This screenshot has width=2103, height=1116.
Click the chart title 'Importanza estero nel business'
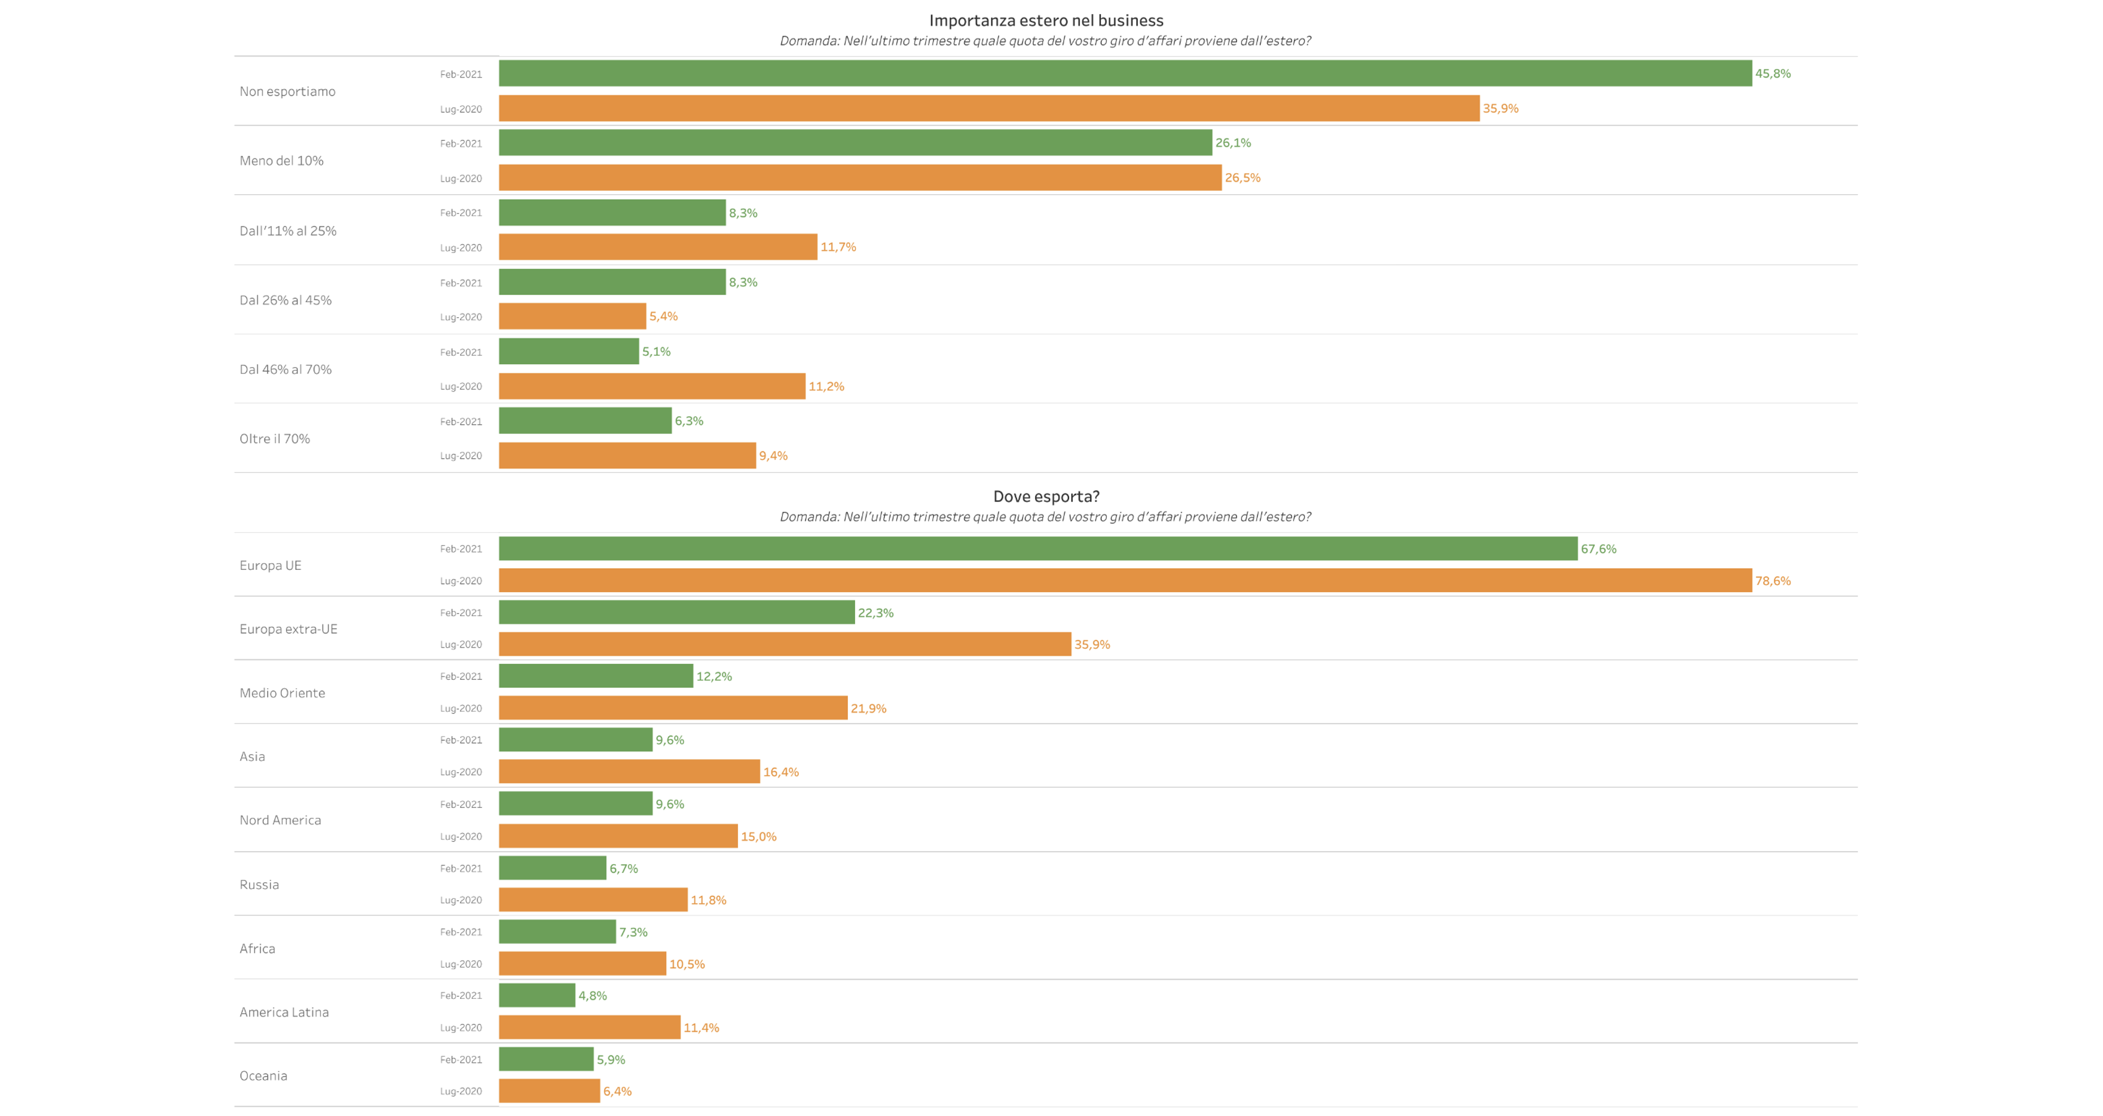[x=1046, y=20]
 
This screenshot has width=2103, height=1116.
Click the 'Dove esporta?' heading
[x=1046, y=496]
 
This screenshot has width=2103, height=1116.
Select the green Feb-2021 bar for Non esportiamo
[x=1125, y=74]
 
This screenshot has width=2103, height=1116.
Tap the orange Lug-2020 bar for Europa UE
[x=1125, y=580]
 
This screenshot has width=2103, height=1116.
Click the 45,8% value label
[x=1773, y=74]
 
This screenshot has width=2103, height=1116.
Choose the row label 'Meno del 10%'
[x=282, y=161]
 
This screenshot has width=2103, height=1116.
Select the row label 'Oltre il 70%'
[x=275, y=438]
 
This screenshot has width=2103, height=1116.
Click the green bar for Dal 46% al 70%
[x=569, y=352]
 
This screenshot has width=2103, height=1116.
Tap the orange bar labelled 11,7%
[x=658, y=247]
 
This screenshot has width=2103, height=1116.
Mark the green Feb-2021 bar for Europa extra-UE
[x=677, y=612]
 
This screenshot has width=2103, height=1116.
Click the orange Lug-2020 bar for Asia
[x=629, y=771]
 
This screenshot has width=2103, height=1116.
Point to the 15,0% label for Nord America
[x=758, y=837]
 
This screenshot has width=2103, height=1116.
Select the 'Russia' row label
[x=260, y=884]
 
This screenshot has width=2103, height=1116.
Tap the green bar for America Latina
[x=537, y=995]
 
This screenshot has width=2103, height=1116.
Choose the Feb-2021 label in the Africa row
[x=461, y=932]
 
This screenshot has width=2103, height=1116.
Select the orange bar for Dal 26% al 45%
[x=572, y=317]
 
